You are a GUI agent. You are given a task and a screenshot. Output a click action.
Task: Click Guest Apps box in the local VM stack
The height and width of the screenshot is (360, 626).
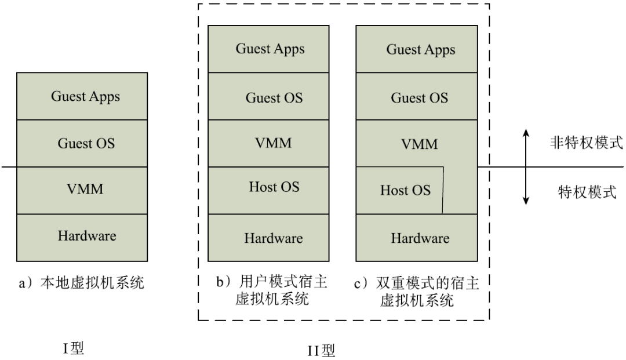click(x=82, y=96)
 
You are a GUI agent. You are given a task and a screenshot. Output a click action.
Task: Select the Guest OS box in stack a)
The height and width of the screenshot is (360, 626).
click(x=82, y=143)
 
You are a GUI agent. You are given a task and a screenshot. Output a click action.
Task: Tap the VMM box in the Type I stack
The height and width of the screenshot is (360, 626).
click(x=82, y=190)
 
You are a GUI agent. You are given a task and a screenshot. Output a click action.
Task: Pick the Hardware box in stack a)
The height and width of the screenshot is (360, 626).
click(x=82, y=238)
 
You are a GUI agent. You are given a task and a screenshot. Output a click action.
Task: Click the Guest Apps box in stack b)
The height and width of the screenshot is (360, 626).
click(x=268, y=49)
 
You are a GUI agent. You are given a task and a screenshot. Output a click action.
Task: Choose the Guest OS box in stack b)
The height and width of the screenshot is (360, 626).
click(x=268, y=96)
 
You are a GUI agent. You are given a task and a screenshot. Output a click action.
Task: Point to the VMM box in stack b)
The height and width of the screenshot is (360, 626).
click(x=268, y=143)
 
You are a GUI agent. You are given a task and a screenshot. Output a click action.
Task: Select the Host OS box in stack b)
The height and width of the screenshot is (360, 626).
click(x=268, y=190)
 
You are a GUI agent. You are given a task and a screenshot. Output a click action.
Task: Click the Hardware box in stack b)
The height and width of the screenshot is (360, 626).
click(x=268, y=238)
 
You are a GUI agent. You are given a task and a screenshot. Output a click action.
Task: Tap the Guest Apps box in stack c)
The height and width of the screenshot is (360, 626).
click(x=416, y=49)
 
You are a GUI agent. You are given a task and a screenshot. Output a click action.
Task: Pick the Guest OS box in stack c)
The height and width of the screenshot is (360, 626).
click(x=416, y=96)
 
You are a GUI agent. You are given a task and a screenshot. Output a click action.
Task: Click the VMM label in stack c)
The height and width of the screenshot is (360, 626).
click(x=419, y=144)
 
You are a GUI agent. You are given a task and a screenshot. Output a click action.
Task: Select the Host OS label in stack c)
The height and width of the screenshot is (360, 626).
click(x=405, y=190)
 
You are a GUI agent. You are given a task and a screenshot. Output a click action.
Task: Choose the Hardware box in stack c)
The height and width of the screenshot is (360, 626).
click(x=416, y=238)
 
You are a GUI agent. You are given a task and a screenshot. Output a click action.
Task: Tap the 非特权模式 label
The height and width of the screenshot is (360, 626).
click(x=586, y=142)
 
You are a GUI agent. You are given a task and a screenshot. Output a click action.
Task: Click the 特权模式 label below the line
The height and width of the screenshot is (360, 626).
click(x=587, y=192)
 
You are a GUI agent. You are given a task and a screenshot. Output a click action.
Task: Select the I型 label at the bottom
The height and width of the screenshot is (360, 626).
click(x=74, y=348)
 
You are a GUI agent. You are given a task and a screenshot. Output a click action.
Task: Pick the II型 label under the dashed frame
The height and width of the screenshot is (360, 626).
click(x=321, y=350)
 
